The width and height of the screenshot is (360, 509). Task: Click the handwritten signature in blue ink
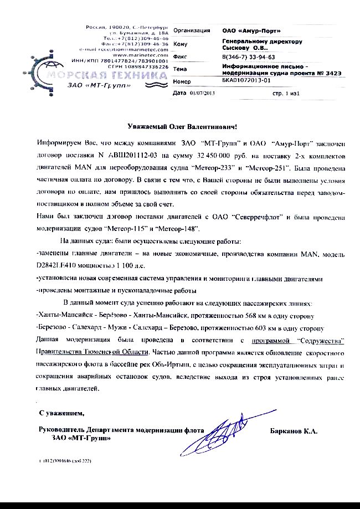click(x=225, y=431)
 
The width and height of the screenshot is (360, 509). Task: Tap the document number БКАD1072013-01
click(x=246, y=81)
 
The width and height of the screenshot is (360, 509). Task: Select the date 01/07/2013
click(x=202, y=93)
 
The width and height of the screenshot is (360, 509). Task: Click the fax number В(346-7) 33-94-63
click(x=248, y=56)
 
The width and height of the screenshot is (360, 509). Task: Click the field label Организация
click(x=192, y=30)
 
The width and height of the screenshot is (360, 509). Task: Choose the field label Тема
click(x=181, y=69)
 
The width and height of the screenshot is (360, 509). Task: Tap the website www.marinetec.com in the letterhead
click(x=139, y=55)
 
